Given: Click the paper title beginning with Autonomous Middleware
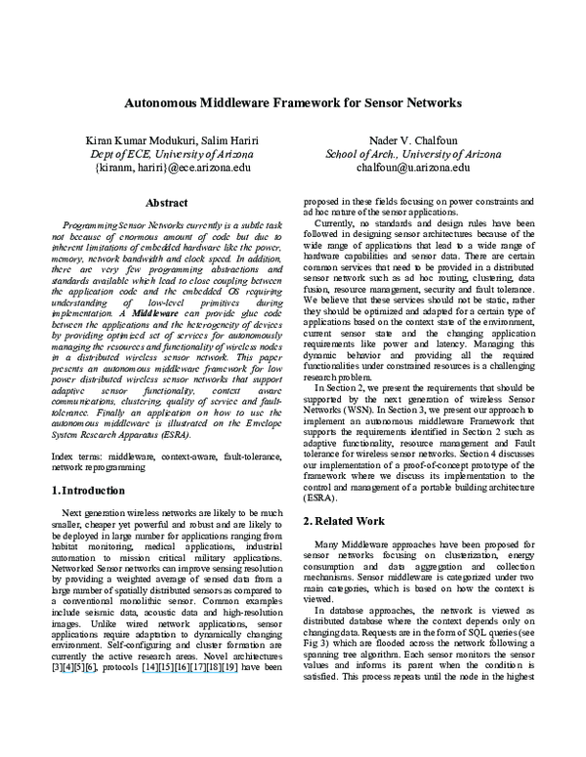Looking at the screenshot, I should tap(292, 102).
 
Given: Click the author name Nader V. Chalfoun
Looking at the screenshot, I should tap(415, 140).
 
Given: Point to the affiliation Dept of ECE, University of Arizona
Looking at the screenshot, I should tap(167, 154).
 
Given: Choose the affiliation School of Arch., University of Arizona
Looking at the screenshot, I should tap(415, 154).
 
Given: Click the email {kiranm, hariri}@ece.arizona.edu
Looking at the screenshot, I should tap(167, 168).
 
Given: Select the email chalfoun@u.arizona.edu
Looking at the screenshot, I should tap(415, 168).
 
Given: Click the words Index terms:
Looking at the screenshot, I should tap(77, 456).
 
